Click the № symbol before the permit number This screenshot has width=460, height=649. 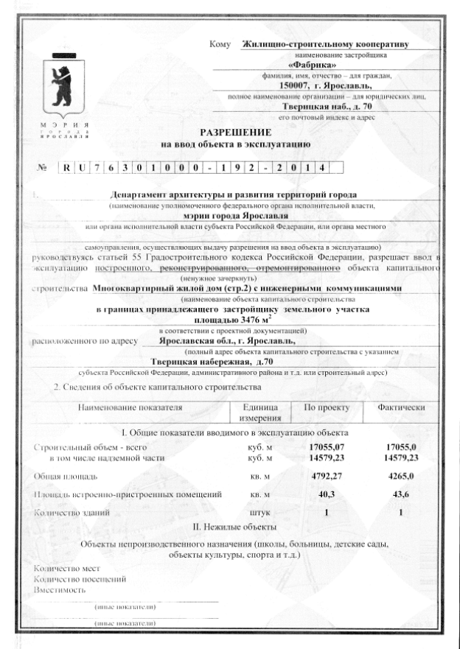tap(41, 168)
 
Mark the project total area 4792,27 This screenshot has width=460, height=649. tap(327, 476)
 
